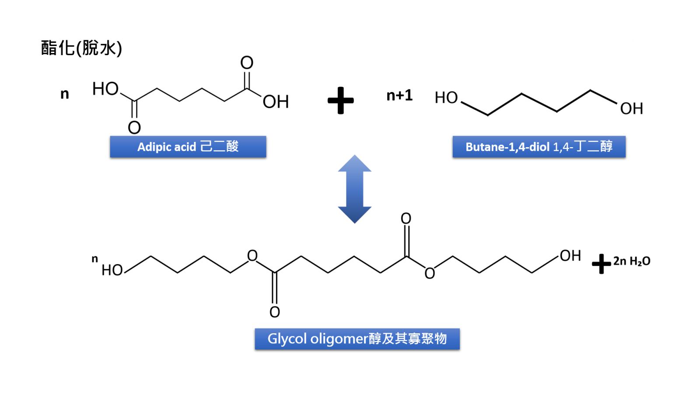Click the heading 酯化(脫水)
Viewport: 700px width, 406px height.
(x=81, y=48)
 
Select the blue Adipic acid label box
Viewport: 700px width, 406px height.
(x=188, y=147)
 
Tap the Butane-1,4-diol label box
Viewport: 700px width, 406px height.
(x=539, y=147)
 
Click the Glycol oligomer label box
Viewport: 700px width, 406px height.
(x=357, y=339)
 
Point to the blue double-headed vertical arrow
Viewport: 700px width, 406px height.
(x=354, y=189)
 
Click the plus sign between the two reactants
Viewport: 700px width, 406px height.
(x=340, y=100)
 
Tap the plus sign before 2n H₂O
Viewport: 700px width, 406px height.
(x=601, y=264)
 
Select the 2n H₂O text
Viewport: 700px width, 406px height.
(x=631, y=261)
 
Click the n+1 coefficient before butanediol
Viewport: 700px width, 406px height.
(x=399, y=95)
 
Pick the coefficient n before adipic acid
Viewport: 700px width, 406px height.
(x=65, y=94)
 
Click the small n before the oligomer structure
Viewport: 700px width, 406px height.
(x=94, y=259)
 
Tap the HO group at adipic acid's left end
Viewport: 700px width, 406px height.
(x=105, y=89)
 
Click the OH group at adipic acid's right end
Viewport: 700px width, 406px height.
(x=276, y=102)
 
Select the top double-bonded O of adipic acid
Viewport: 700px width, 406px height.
(x=247, y=63)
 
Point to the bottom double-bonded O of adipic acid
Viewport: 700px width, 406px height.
(x=134, y=127)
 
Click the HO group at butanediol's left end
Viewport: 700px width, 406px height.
(x=446, y=98)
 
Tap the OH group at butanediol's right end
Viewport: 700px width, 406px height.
(x=631, y=109)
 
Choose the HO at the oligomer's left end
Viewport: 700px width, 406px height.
(x=112, y=270)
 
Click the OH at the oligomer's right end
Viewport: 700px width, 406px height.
(x=570, y=256)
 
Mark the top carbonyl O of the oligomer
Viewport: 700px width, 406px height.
(x=406, y=218)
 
